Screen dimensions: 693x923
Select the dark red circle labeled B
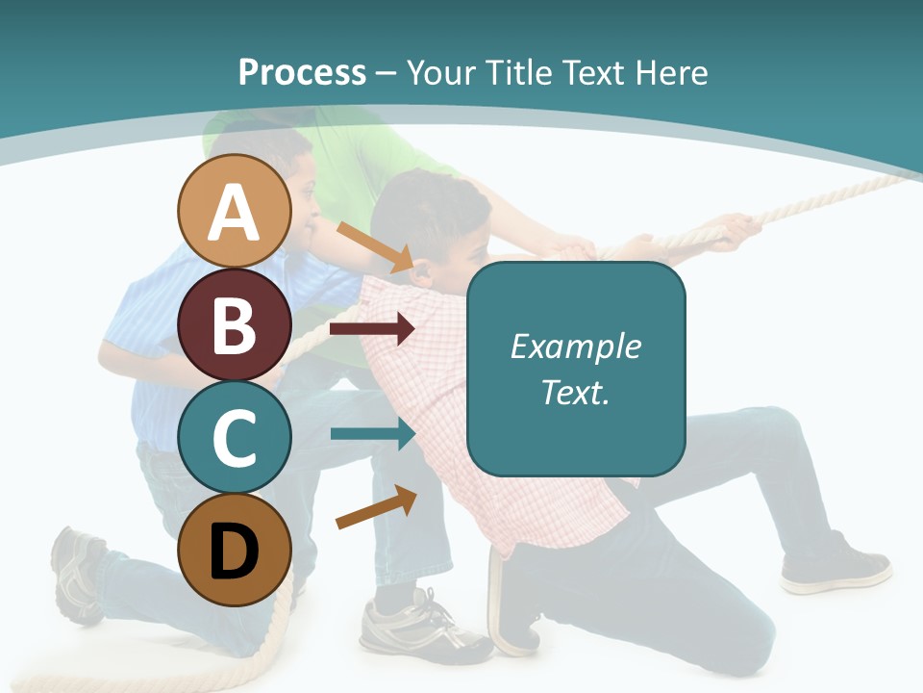[x=235, y=325]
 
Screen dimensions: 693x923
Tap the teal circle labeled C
[x=235, y=437]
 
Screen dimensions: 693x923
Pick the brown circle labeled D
[x=235, y=550]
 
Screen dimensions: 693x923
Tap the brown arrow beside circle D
[x=376, y=507]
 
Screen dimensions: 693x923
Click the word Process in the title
[x=302, y=72]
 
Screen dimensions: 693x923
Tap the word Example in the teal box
[x=575, y=346]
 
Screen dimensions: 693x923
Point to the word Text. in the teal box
[x=575, y=392]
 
